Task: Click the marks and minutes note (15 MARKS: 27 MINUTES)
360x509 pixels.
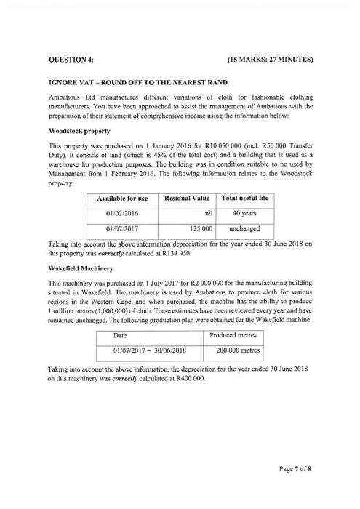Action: [x=270, y=57]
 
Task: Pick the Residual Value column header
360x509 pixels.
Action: [x=188, y=198]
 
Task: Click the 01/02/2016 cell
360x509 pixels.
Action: [x=122, y=213]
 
